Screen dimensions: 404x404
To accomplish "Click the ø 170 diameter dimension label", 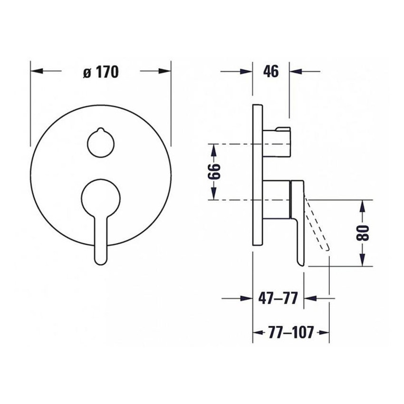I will (x=100, y=72).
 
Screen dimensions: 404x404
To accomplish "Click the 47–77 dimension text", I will (x=278, y=298).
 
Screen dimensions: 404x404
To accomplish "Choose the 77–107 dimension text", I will (x=290, y=333).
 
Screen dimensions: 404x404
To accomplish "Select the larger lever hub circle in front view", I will (x=101, y=198).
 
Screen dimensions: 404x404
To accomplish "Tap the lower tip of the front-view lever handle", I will (x=102, y=259).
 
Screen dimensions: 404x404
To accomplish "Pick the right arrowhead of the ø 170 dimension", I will (x=167, y=71).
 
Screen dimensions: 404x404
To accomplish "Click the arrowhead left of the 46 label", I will (x=248, y=72).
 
